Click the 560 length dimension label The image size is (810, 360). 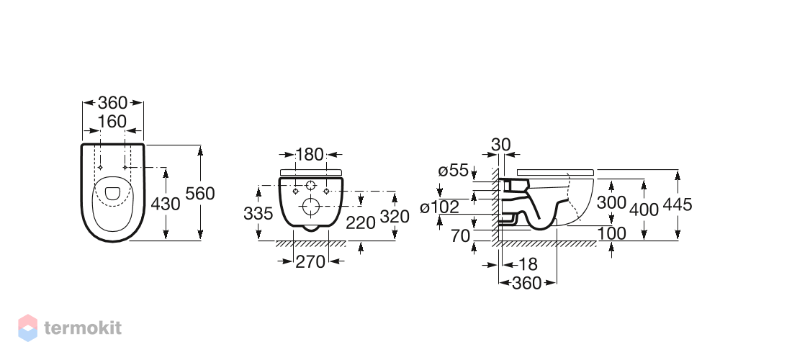pyautogui.click(x=200, y=194)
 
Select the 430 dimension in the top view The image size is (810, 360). pyautogui.click(x=166, y=204)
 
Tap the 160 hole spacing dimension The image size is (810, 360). pyautogui.click(x=112, y=122)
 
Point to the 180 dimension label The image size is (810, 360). pyautogui.click(x=310, y=154)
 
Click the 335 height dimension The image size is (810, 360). pyautogui.click(x=258, y=213)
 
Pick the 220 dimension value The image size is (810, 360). pyautogui.click(x=360, y=222)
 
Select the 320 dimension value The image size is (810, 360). pyautogui.click(x=395, y=217)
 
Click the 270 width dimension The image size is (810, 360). pyautogui.click(x=310, y=262)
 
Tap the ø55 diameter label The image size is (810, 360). pyautogui.click(x=453, y=171)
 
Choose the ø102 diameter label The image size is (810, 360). pyautogui.click(x=440, y=207)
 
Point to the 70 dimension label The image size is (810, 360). pyautogui.click(x=460, y=236)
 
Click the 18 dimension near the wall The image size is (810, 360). pyautogui.click(x=528, y=264)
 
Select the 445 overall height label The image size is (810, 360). pyautogui.click(x=678, y=204)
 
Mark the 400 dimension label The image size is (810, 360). pyautogui.click(x=644, y=210)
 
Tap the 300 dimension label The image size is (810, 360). pyautogui.click(x=611, y=202)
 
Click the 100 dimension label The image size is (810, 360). pyautogui.click(x=611, y=234)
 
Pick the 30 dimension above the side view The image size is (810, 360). pyautogui.click(x=501, y=145)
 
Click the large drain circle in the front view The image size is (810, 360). pyautogui.click(x=311, y=207)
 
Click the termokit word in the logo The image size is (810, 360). pyautogui.click(x=83, y=328)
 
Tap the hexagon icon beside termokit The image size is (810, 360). pyautogui.click(x=28, y=328)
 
